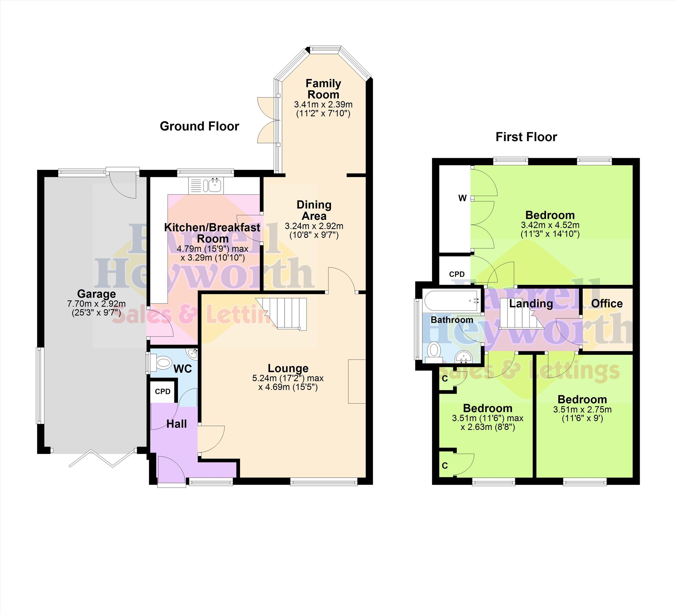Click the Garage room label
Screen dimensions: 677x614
pyautogui.click(x=96, y=294)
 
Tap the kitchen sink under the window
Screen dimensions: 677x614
pyautogui.click(x=205, y=185)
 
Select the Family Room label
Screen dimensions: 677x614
pyautogui.click(x=323, y=89)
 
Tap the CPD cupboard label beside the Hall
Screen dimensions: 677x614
pyautogui.click(x=163, y=391)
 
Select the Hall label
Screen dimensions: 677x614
pyautogui.click(x=177, y=424)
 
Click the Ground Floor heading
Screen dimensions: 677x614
pyautogui.click(x=200, y=126)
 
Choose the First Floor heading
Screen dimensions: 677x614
pyautogui.click(x=526, y=137)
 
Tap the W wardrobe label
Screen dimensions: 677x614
pyautogui.click(x=462, y=198)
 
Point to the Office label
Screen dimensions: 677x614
pyautogui.click(x=607, y=304)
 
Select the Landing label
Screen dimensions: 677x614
pyautogui.click(x=531, y=304)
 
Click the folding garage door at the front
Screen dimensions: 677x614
pyautogui.click(x=102, y=458)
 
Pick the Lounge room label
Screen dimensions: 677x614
pyautogui.click(x=288, y=368)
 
